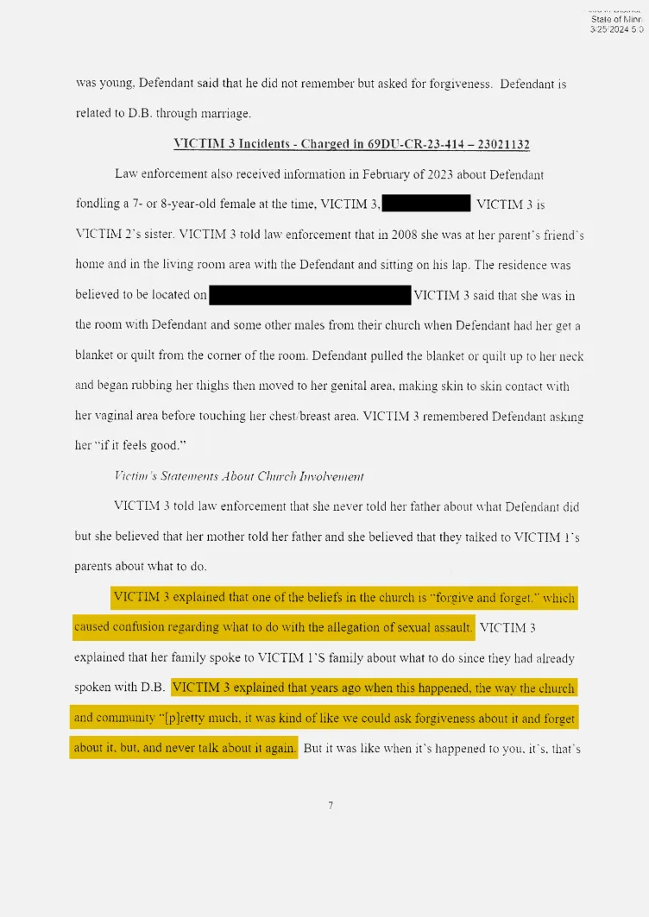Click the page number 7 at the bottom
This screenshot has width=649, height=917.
pos(331,806)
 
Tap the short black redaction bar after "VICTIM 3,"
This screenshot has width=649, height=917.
pos(427,204)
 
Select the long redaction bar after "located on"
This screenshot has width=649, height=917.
pos(310,295)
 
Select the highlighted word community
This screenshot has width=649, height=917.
pos(123,718)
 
